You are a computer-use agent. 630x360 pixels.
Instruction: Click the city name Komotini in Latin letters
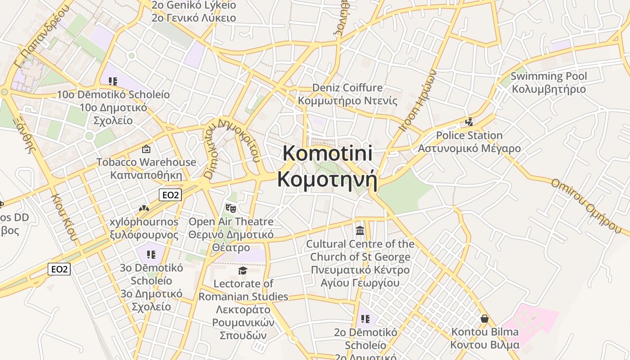pyautogui.click(x=328, y=153)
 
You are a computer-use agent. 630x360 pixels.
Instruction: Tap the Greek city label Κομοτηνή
pyautogui.click(x=328, y=179)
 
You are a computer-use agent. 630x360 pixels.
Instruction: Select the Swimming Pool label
pyautogui.click(x=549, y=76)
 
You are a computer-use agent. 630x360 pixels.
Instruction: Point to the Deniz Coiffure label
pyautogui.click(x=347, y=87)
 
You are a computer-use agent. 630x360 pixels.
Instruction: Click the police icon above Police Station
pyautogui.click(x=469, y=121)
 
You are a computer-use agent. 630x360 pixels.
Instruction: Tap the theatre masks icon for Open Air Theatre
pyautogui.click(x=231, y=208)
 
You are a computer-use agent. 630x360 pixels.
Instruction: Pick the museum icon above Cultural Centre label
pyautogui.click(x=360, y=231)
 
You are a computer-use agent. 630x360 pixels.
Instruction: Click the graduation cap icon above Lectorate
pyautogui.click(x=243, y=270)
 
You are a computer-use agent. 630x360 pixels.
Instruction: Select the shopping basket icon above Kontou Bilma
pyautogui.click(x=485, y=319)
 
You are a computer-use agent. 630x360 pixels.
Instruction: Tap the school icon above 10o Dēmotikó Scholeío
pyautogui.click(x=113, y=81)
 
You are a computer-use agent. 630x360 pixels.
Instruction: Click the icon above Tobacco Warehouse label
pyautogui.click(x=146, y=149)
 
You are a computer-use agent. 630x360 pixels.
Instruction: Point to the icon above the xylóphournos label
pyautogui.click(x=144, y=208)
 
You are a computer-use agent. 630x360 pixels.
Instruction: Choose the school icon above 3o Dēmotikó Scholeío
pyautogui.click(x=151, y=255)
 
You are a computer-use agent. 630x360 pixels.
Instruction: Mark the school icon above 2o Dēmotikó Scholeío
pyautogui.click(x=365, y=319)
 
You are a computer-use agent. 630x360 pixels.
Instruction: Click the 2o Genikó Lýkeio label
pyautogui.click(x=194, y=5)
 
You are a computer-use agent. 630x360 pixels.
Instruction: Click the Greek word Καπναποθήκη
pyautogui.click(x=146, y=175)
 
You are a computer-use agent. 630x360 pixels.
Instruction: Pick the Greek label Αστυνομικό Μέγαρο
pyautogui.click(x=469, y=148)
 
